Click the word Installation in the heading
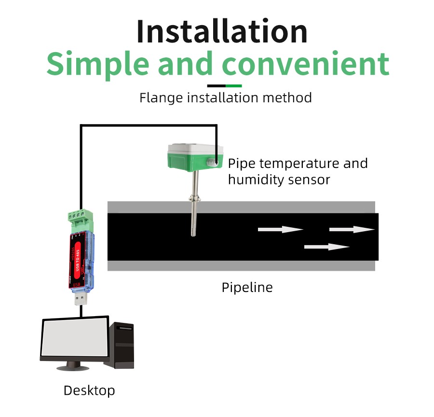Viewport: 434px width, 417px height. (222, 31)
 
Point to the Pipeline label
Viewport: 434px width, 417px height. (247, 288)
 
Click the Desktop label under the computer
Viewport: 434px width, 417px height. (89, 390)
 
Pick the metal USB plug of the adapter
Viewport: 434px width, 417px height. (81, 299)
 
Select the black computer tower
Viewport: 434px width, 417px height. (121, 345)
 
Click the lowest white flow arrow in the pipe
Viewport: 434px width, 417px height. (326, 247)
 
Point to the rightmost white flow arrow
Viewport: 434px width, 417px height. (352, 229)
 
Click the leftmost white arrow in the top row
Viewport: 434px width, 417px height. (280, 229)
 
